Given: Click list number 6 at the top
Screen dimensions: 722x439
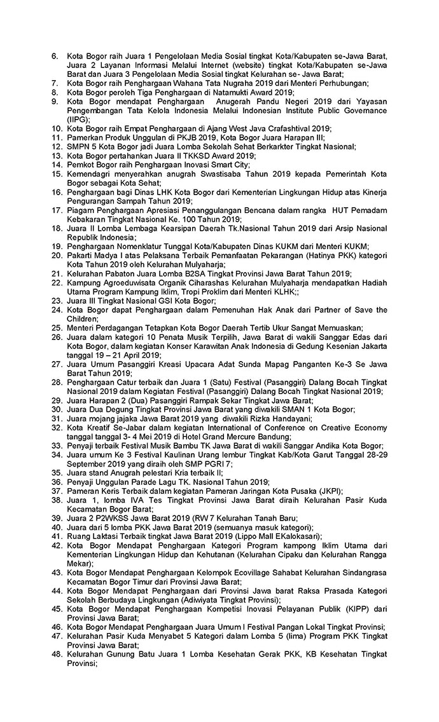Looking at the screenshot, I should pyautogui.click(x=55, y=57).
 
